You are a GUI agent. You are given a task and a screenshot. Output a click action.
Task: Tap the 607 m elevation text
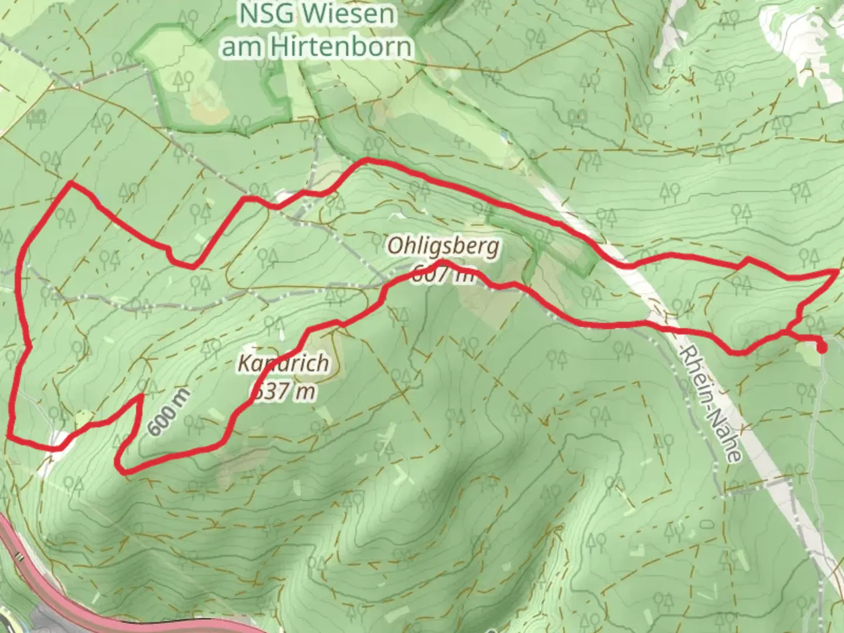coord(444,274)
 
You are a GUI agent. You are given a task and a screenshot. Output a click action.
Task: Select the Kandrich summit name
coord(283,363)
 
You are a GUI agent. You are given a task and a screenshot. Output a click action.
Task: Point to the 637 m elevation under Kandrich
coord(283,391)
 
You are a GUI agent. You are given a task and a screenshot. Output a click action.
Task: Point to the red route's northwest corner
coord(71,183)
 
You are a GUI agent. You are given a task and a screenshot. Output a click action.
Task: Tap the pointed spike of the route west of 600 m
coord(141,397)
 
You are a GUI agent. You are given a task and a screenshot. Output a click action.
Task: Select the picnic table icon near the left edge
coord(36,117)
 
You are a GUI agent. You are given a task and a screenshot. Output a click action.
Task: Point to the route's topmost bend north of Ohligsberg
coord(367,159)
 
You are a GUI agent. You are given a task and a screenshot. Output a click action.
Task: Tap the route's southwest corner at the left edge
coord(10,436)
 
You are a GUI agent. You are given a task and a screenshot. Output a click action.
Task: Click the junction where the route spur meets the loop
coord(785,333)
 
